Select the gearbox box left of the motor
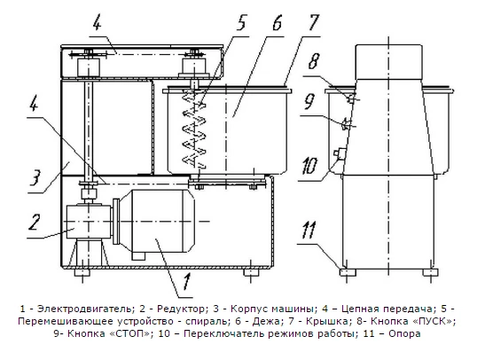(x=89, y=222)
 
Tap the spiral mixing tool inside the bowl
(x=194, y=128)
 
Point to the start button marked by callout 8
(x=351, y=98)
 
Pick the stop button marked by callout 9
(x=345, y=123)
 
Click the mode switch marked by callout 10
(x=339, y=153)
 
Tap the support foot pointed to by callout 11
(x=348, y=271)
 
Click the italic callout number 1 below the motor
(x=186, y=281)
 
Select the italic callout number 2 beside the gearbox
(x=34, y=222)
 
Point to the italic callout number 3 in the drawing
(x=35, y=177)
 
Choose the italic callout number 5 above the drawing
(x=241, y=22)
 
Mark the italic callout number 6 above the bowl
(x=277, y=22)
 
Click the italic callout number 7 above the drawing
(x=313, y=22)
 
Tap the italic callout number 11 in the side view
(x=308, y=230)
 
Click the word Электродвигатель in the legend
(x=85, y=309)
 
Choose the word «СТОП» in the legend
(x=131, y=333)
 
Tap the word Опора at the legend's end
(x=405, y=333)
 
